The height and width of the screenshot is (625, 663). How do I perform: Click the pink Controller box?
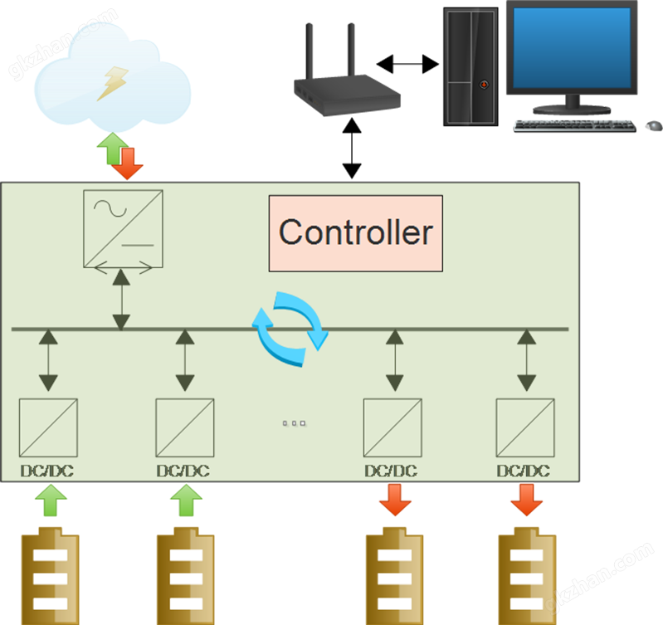[x=355, y=232]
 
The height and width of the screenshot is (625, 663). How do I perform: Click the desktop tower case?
[x=470, y=66]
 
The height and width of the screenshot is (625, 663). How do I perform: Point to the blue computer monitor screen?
[x=571, y=48]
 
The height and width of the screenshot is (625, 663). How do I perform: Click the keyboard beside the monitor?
[x=573, y=125]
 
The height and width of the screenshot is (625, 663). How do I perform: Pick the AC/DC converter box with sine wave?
[x=123, y=228]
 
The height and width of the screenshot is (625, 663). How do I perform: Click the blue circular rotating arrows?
[x=290, y=329]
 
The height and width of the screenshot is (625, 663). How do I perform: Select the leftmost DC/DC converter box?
[x=48, y=427]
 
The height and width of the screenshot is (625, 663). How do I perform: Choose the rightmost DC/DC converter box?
[x=525, y=427]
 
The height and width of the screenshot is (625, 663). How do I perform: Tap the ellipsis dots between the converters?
[x=295, y=423]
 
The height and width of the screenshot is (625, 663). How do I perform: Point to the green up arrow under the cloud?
[x=109, y=149]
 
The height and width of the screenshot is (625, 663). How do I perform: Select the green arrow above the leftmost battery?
[x=51, y=501]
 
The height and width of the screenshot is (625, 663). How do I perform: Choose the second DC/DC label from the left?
[x=183, y=471]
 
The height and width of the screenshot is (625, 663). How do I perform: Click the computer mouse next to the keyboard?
[x=653, y=126]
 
